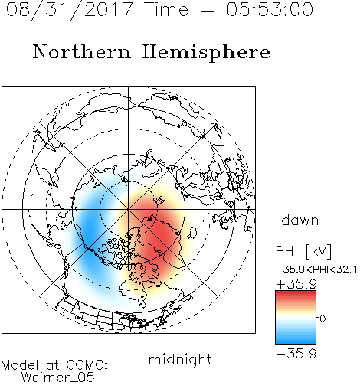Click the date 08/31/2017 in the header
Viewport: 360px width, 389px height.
coord(70,10)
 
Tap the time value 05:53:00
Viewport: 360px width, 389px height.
coord(270,9)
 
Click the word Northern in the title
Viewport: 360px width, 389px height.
coord(82,52)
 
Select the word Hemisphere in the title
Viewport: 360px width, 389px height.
coord(206,53)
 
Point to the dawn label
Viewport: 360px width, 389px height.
coord(300,220)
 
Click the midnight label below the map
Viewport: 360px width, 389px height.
coord(180,359)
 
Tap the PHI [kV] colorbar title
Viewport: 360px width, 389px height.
coord(303,251)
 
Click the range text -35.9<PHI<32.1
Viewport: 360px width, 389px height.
coord(316,270)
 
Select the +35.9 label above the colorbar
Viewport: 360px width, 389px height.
coord(296,284)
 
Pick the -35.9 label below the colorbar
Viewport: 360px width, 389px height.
coord(296,354)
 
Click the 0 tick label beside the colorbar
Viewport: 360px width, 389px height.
coord(322,319)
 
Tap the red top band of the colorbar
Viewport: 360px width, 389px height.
coord(296,294)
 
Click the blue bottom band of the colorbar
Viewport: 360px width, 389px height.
coord(296,341)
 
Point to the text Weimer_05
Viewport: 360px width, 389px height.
coord(58,378)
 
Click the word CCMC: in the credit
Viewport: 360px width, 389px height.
coord(87,365)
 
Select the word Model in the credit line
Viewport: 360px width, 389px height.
coord(20,365)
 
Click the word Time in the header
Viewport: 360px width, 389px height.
coord(166,9)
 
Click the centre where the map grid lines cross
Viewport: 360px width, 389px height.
coord(129,209)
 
